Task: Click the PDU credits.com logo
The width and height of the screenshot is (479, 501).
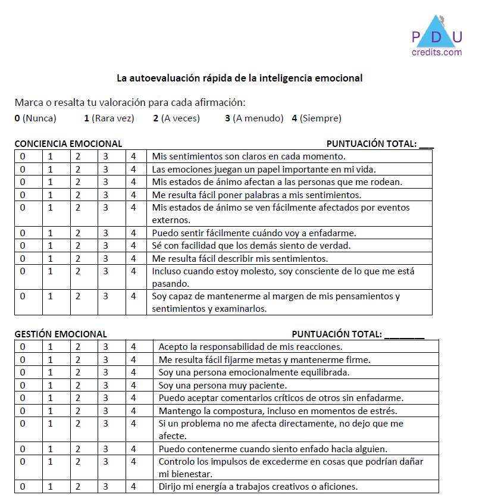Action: pos(436,37)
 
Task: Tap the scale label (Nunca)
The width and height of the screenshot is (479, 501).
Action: pos(39,118)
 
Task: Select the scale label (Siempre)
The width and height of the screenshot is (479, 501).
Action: pos(321,118)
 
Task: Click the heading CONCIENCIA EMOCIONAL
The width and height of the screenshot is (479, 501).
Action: pos(68,143)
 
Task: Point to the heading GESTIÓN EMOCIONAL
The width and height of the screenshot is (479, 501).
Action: pos(61,334)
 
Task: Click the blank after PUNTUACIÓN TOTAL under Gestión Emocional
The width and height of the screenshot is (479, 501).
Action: pos(404,334)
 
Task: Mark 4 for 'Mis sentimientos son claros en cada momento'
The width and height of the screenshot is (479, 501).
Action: pos(134,156)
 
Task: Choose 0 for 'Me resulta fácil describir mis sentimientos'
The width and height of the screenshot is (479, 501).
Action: pos(23,259)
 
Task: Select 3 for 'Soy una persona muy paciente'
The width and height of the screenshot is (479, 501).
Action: pos(105,386)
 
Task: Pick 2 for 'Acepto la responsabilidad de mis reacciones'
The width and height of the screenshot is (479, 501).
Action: pos(78,346)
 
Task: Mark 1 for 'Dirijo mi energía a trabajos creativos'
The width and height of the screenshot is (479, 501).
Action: pos(51,487)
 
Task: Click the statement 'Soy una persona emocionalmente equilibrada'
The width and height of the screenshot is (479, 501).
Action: pos(253,372)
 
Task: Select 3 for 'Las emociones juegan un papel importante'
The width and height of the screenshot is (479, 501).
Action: pos(105,169)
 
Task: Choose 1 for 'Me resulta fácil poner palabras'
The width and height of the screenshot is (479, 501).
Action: pos(51,195)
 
